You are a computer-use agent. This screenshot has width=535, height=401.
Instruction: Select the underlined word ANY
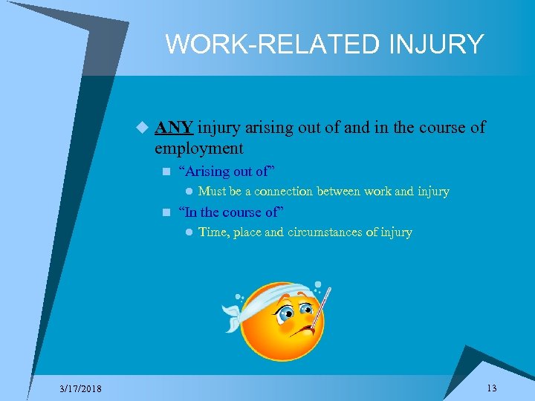point(174,128)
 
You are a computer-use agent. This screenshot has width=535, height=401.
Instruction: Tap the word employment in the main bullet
point(198,148)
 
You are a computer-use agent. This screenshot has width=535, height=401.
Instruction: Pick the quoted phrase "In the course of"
point(232,212)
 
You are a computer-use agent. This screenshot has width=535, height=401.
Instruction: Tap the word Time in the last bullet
point(213,232)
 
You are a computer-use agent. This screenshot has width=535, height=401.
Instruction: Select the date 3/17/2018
point(82,389)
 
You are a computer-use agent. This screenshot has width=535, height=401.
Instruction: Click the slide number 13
point(491,388)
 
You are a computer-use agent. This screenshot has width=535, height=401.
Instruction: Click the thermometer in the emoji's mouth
point(316,313)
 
